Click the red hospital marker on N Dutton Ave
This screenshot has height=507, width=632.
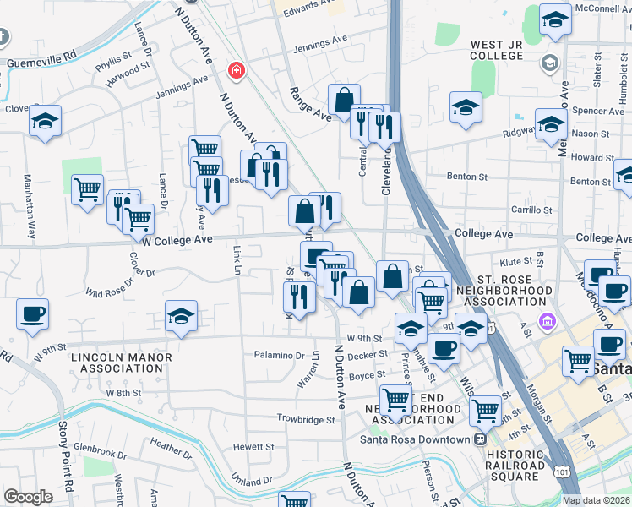[x=236, y=70]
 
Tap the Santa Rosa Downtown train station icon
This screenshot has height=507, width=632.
[x=480, y=439]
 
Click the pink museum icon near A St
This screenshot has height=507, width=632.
[x=548, y=322]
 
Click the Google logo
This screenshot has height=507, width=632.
[x=28, y=497]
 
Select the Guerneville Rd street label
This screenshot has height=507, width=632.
[x=41, y=63]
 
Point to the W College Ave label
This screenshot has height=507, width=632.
[x=177, y=240]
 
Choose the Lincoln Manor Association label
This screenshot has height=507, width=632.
[x=121, y=363]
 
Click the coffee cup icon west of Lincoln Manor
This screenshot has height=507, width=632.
[x=32, y=313]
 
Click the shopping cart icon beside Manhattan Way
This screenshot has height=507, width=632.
[x=87, y=190]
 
